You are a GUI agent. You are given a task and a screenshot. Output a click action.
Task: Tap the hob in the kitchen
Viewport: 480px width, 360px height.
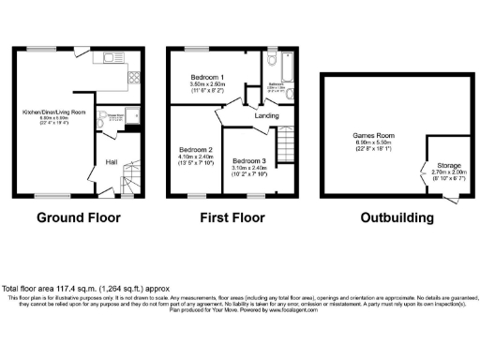[132, 78]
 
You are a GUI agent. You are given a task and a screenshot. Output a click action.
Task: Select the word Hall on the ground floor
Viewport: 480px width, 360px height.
[112, 160]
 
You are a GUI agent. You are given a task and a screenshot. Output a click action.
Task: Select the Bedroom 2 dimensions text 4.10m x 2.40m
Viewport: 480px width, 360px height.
[197, 157]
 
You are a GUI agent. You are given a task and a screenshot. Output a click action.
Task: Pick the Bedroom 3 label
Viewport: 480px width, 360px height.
[249, 160]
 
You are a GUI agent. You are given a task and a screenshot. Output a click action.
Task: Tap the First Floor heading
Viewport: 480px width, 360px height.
[228, 217]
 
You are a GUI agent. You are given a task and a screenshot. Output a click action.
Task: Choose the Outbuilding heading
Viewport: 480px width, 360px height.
[397, 217]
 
